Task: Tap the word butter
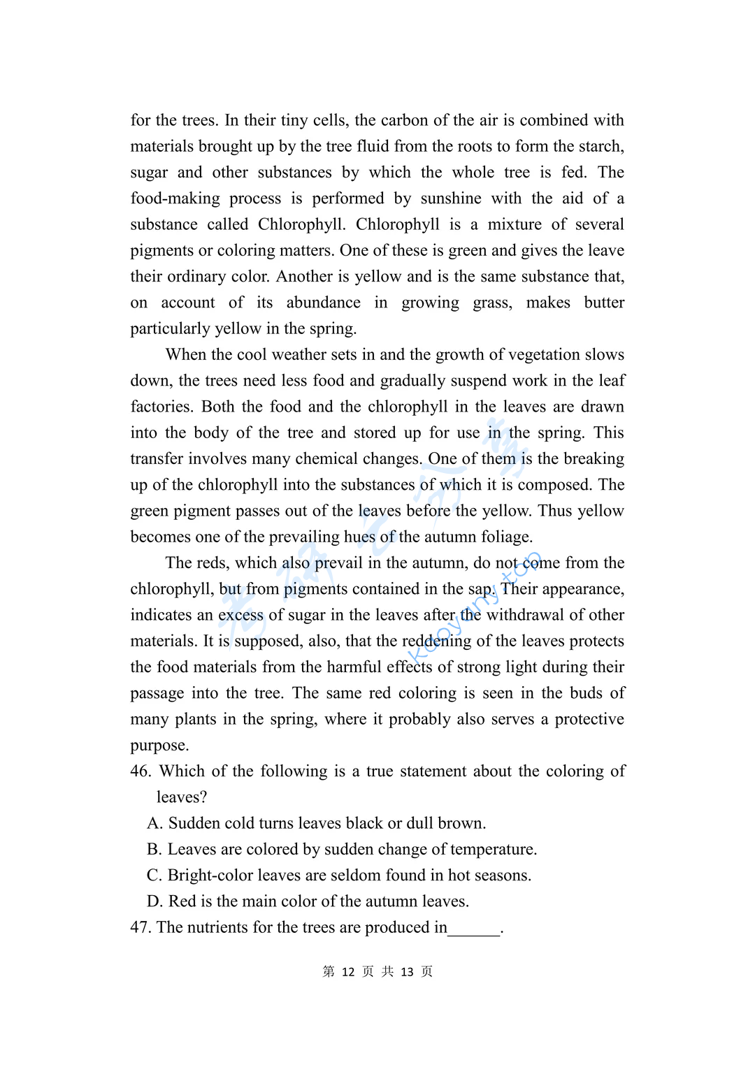[x=604, y=303]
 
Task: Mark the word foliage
[x=502, y=537]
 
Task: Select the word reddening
[x=436, y=641]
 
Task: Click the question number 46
[x=141, y=771]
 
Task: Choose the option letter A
[x=154, y=824]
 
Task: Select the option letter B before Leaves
[x=154, y=850]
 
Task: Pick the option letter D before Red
[x=154, y=901]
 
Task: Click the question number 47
[x=141, y=928]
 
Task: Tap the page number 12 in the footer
[x=348, y=972]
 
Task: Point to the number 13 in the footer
[x=407, y=972]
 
